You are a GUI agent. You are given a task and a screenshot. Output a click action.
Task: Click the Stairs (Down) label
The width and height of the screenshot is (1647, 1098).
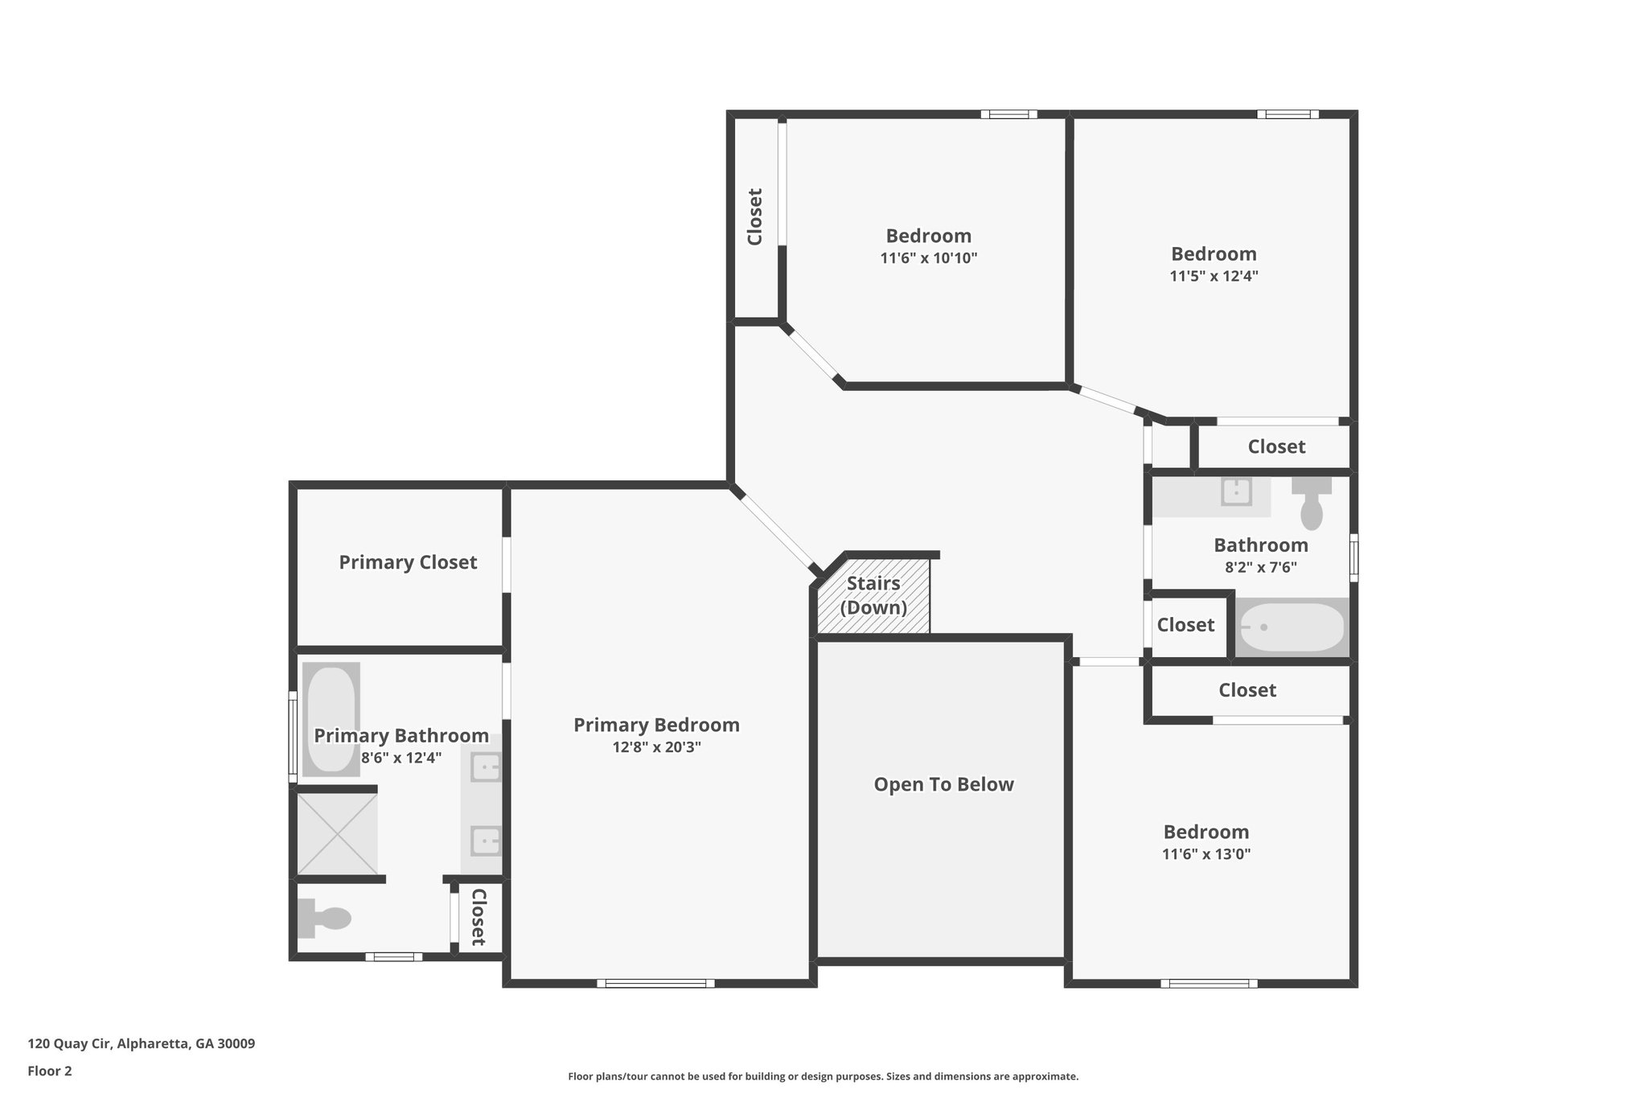(x=873, y=595)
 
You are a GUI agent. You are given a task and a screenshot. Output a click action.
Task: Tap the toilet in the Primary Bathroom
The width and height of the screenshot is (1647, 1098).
(x=324, y=919)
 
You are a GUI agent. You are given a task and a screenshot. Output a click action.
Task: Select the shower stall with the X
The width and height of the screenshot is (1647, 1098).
(x=337, y=834)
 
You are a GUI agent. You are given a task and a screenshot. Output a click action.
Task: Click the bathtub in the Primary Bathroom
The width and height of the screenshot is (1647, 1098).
(x=331, y=719)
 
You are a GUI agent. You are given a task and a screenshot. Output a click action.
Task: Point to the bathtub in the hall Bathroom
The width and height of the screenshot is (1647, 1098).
(x=1292, y=627)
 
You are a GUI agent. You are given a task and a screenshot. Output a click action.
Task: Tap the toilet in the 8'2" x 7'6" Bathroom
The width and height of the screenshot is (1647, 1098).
(x=1312, y=504)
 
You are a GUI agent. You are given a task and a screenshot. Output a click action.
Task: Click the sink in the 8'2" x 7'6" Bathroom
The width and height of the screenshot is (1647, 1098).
(x=1236, y=491)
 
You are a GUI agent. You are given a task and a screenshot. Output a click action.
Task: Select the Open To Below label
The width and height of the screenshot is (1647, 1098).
(x=943, y=784)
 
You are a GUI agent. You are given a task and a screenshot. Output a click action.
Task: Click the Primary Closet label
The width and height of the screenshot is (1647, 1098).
(x=408, y=562)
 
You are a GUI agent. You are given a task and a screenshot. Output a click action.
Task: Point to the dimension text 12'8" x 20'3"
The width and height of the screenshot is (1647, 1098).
(x=656, y=746)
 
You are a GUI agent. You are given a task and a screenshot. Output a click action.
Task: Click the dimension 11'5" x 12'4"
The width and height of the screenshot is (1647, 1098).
(x=1214, y=276)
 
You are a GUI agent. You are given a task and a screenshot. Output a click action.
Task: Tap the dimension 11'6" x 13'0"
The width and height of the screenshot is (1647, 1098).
(x=1206, y=853)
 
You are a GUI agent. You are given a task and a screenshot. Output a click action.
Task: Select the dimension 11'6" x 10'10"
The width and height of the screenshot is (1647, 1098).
(x=929, y=258)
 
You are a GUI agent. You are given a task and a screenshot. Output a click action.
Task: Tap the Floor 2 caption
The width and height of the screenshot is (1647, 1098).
(x=50, y=1071)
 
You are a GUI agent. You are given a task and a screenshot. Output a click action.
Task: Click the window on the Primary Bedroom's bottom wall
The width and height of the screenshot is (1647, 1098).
(x=656, y=983)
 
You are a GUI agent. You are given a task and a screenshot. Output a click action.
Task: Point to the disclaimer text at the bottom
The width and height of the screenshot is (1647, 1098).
(x=823, y=1076)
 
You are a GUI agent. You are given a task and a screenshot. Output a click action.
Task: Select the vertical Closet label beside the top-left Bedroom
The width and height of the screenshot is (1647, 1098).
(x=754, y=217)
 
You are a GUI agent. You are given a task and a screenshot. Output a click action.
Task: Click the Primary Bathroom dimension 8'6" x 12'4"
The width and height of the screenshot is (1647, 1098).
(x=401, y=757)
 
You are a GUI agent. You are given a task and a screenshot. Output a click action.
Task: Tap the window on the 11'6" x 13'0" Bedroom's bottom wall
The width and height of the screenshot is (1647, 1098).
(x=1210, y=983)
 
